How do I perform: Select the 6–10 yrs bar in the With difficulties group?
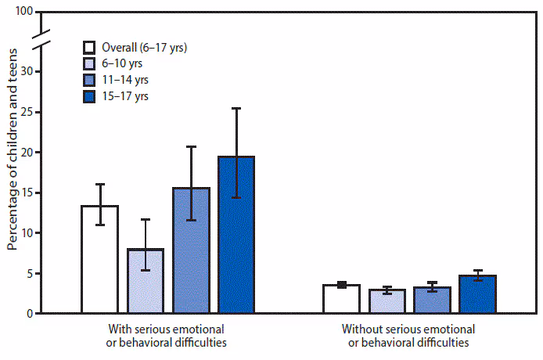[145, 281]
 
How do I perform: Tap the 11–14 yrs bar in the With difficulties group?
[191, 250]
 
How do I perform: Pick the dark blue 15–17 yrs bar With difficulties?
[236, 235]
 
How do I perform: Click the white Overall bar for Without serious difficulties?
[341, 299]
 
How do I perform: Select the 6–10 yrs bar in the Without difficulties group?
[387, 301]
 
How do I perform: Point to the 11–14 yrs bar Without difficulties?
[432, 301]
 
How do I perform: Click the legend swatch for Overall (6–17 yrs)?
[91, 47]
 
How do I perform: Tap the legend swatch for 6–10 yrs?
[91, 63]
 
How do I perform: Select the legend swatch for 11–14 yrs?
[91, 80]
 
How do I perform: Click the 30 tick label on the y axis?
[27, 71]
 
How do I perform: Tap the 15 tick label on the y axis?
[27, 193]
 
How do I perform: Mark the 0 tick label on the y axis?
[31, 314]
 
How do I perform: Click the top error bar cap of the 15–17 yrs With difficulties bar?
[236, 108]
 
